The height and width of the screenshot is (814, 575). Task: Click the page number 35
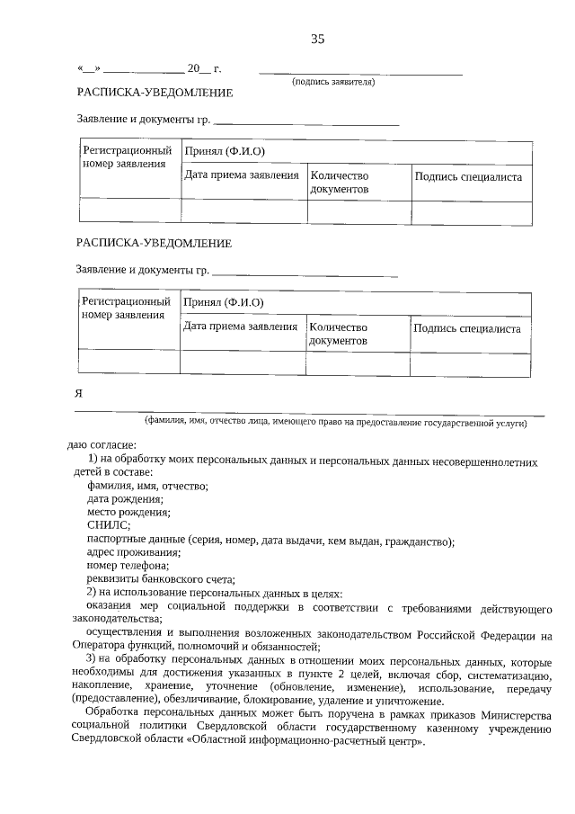tap(316, 39)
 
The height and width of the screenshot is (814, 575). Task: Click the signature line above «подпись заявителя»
tap(360, 72)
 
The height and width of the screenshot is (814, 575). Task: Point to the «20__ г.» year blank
tap(204, 68)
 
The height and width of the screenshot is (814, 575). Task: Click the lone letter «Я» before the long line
tap(79, 393)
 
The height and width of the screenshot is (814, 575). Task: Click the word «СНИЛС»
tap(108, 525)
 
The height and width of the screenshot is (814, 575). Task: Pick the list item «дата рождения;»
tap(125, 499)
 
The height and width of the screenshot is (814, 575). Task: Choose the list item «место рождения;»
tap(128, 513)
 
